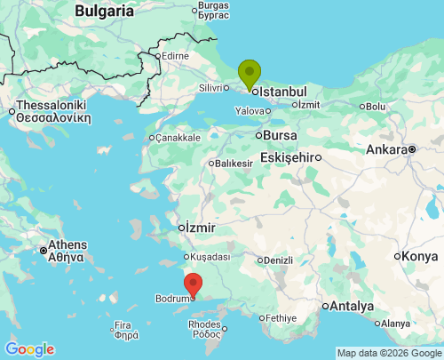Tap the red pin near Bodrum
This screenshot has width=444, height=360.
[192, 285]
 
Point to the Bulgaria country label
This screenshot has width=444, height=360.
[105, 11]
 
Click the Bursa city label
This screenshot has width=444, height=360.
[280, 135]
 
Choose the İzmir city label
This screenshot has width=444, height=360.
[201, 228]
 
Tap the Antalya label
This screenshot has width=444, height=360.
[354, 306]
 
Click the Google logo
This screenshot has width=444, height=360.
[29, 349]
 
